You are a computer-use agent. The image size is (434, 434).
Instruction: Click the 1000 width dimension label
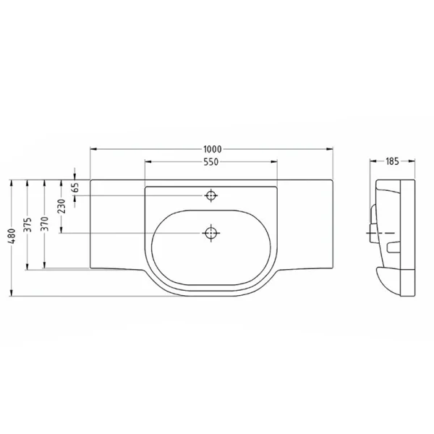[213, 150]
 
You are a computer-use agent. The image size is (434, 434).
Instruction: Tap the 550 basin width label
[211, 162]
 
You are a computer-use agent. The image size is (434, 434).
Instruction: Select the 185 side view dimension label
[392, 161]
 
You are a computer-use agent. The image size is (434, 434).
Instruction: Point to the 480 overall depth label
[12, 236]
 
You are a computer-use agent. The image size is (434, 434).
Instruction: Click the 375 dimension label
[27, 225]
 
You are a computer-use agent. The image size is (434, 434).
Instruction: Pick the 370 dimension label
[45, 224]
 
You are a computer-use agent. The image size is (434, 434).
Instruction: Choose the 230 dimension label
[61, 206]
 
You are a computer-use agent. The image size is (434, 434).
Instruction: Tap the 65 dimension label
[75, 187]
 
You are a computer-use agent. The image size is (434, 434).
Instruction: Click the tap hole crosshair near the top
[211, 196]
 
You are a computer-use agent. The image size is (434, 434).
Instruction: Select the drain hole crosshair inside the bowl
[211, 233]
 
